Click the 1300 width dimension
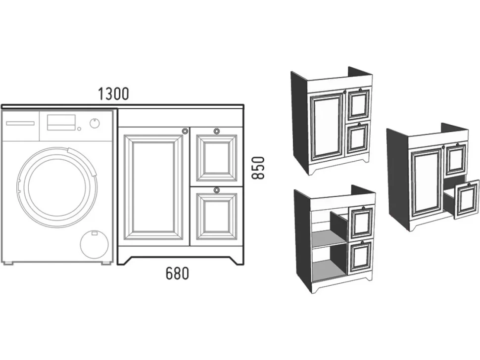pyautogui.click(x=114, y=94)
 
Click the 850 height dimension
pyautogui.click(x=258, y=168)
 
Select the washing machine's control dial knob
pyautogui.click(x=95, y=123)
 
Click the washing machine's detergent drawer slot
pyautogui.click(x=20, y=123)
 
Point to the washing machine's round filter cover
pyautogui.click(x=94, y=245)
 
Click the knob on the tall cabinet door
pyautogui.click(x=185, y=131)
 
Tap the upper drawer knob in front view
pyautogui.click(x=216, y=131)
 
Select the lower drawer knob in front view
pyautogui.click(x=216, y=190)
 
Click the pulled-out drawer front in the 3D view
pyautogui.click(x=467, y=199)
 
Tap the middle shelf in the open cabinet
pyautogui.click(x=330, y=239)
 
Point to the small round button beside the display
pyautogui.click(x=79, y=129)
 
